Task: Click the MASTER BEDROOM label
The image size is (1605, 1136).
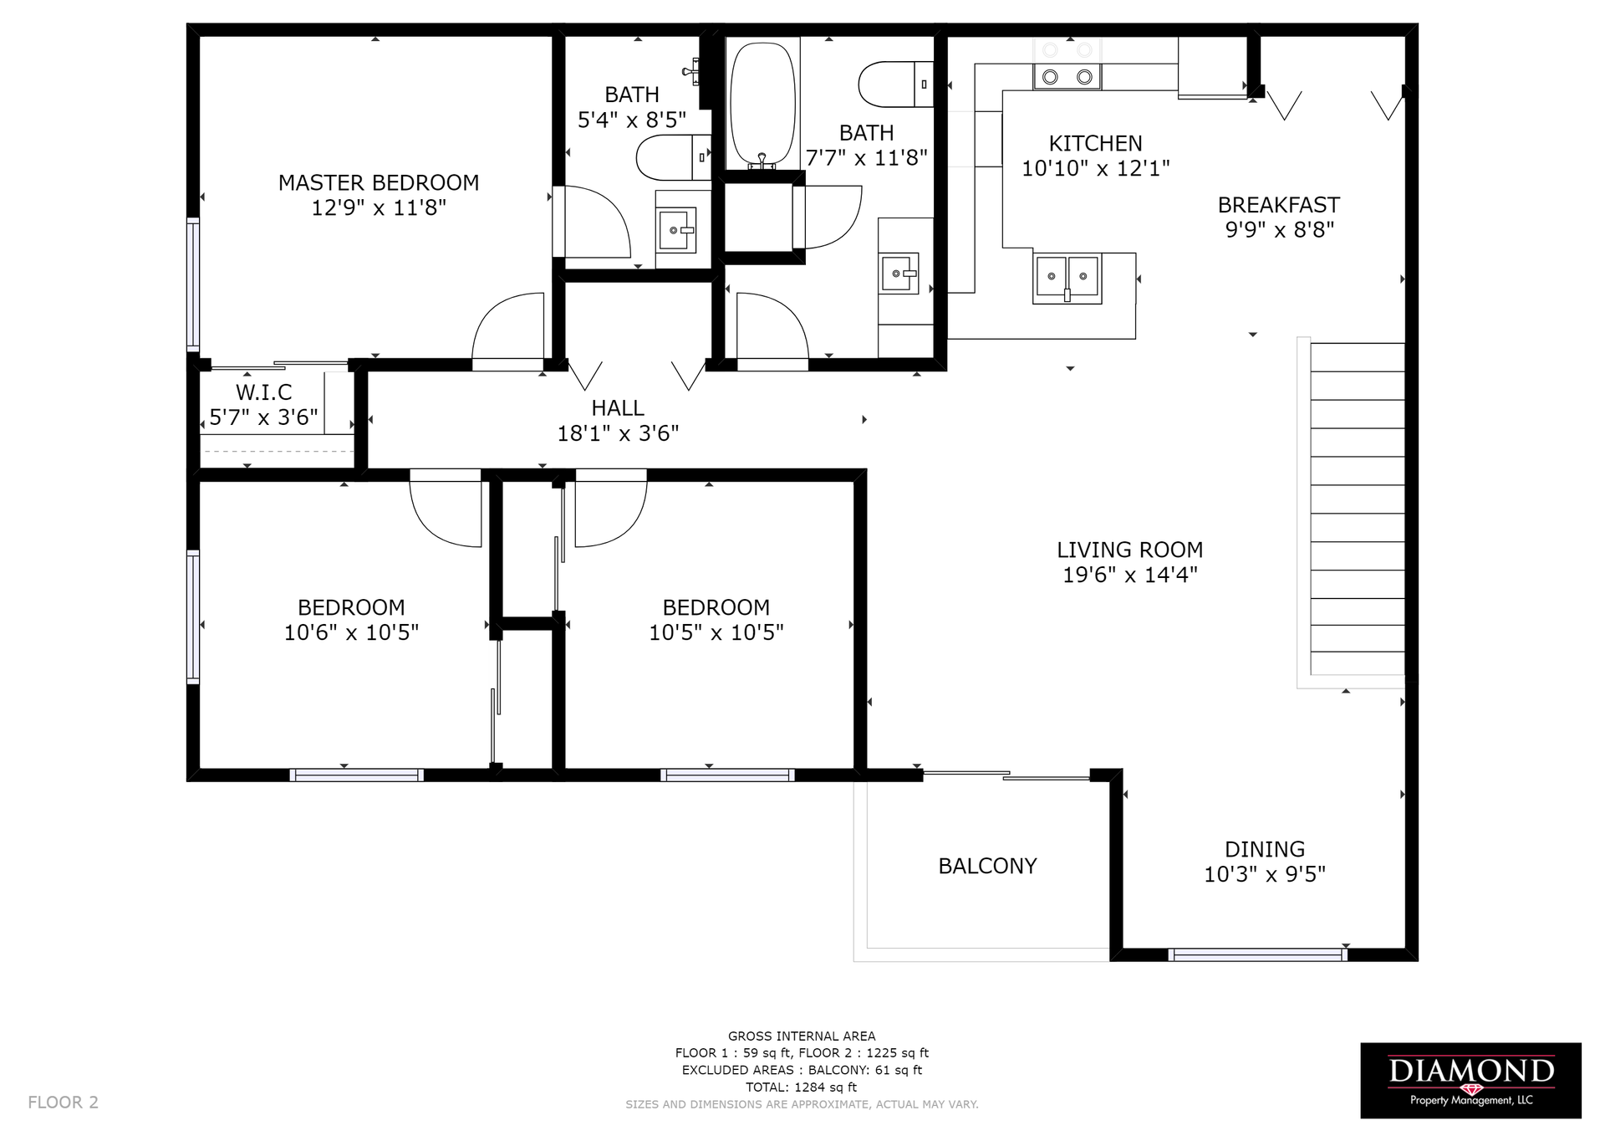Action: [x=379, y=182]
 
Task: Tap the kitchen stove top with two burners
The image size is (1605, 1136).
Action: [x=1067, y=77]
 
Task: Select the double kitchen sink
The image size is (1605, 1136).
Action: [x=1067, y=276]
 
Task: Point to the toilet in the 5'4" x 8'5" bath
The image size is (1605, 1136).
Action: [x=673, y=157]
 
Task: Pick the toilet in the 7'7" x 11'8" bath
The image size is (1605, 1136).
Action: [x=895, y=84]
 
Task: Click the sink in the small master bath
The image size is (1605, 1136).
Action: [x=676, y=231]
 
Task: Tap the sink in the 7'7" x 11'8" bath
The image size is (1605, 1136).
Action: [x=899, y=274]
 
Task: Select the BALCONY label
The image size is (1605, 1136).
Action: [x=987, y=866]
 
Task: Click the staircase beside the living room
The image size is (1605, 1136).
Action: [x=1357, y=509]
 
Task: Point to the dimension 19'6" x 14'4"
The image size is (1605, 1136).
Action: [x=1130, y=575]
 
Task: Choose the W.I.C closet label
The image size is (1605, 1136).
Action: [x=263, y=392]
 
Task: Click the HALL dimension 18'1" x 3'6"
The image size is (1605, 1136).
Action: [x=618, y=433]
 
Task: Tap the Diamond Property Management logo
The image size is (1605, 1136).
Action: [x=1470, y=1080]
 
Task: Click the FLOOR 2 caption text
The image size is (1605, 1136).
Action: [x=63, y=1103]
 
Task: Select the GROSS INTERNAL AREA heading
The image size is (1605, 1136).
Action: [x=802, y=1036]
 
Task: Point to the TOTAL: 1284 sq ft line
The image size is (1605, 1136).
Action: [x=802, y=1087]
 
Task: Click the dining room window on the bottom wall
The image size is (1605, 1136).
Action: [x=1257, y=954]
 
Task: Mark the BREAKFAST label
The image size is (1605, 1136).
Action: [x=1278, y=205]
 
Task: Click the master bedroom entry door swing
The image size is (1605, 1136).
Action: [x=508, y=331]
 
